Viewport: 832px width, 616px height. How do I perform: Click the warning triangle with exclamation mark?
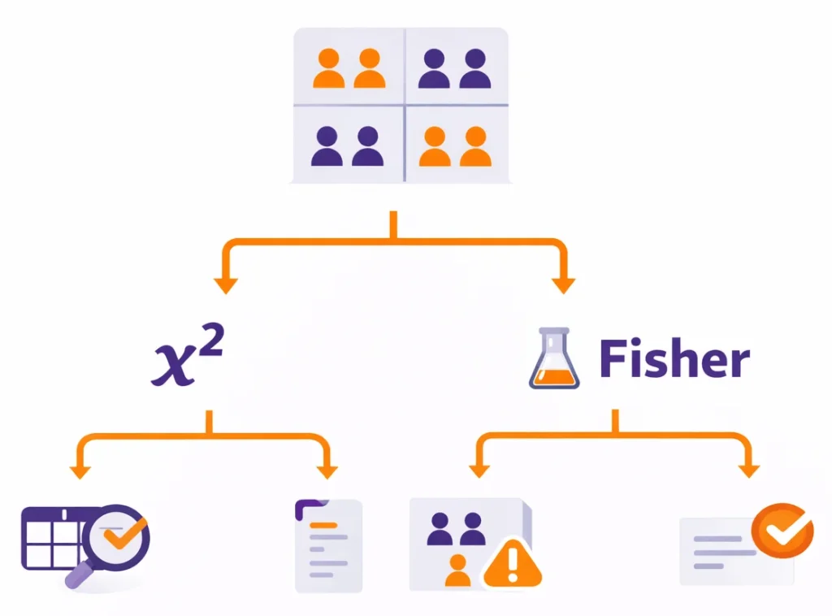(x=513, y=562)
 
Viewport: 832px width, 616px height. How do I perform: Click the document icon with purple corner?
(x=327, y=544)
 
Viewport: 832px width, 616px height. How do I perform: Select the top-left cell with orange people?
(x=349, y=68)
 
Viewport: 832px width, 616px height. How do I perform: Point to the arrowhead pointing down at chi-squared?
(x=225, y=284)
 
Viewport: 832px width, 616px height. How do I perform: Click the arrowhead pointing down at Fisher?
(x=562, y=284)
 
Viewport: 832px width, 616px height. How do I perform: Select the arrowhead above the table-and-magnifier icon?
(x=80, y=471)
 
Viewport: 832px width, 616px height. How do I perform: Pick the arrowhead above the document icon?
(x=327, y=471)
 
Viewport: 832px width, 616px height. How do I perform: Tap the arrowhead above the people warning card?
(x=480, y=471)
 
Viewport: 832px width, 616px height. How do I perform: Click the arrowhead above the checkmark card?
(x=748, y=471)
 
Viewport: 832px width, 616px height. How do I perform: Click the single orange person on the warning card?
(x=458, y=570)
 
